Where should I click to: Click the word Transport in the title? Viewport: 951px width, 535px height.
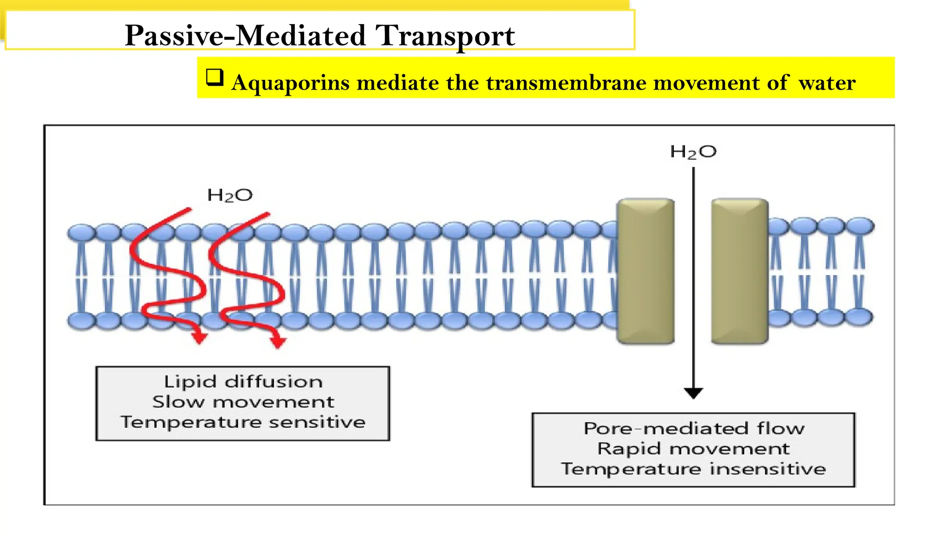click(445, 35)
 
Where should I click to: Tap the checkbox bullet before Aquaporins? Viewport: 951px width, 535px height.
click(215, 77)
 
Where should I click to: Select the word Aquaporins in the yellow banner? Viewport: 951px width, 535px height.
click(290, 83)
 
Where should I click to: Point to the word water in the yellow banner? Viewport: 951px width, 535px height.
click(827, 83)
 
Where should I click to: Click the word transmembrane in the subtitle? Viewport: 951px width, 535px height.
click(566, 83)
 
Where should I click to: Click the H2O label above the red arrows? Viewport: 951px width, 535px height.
click(230, 195)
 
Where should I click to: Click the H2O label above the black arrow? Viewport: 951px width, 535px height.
click(693, 152)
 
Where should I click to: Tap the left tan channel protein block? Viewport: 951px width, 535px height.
click(645, 272)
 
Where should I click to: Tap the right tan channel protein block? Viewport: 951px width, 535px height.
click(740, 272)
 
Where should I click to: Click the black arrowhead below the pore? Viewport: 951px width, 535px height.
click(693, 393)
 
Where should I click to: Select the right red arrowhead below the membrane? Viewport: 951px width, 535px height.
click(278, 342)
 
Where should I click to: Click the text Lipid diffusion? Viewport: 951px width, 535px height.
click(243, 382)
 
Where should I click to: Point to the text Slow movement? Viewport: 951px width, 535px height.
click(243, 402)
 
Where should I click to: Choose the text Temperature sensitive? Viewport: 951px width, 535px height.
click(243, 422)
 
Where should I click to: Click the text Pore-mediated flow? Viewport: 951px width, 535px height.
click(694, 428)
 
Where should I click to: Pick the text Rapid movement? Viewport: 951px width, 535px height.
click(694, 449)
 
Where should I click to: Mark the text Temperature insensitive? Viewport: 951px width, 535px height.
click(694, 469)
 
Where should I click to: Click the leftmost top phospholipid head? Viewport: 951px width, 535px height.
click(81, 232)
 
